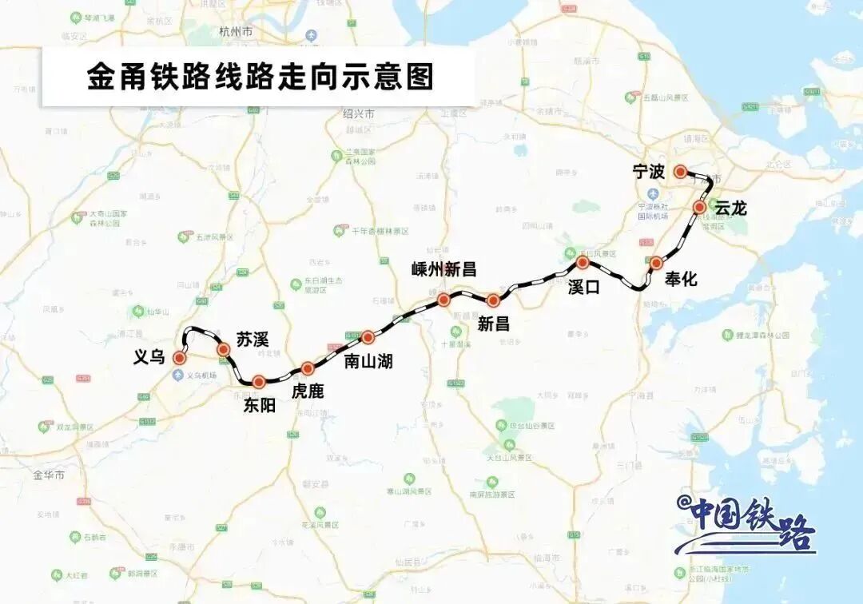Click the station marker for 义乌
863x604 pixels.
click(x=180, y=358)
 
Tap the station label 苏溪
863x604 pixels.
click(x=253, y=339)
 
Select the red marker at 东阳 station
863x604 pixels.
click(x=258, y=382)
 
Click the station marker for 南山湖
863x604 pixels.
click(x=368, y=337)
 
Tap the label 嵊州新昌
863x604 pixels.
click(x=443, y=269)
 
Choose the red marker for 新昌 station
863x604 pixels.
click(x=493, y=300)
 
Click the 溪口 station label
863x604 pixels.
click(x=583, y=286)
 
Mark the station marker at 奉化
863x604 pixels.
click(x=656, y=263)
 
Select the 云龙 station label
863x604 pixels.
click(x=730, y=208)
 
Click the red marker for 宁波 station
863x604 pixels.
click(x=680, y=171)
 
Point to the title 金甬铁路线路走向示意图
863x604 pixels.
click(x=260, y=77)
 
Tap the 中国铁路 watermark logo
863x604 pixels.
click(x=746, y=523)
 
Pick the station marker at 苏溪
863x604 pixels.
click(x=224, y=349)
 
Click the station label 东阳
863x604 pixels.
click(x=260, y=405)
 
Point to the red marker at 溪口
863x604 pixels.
click(x=583, y=261)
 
